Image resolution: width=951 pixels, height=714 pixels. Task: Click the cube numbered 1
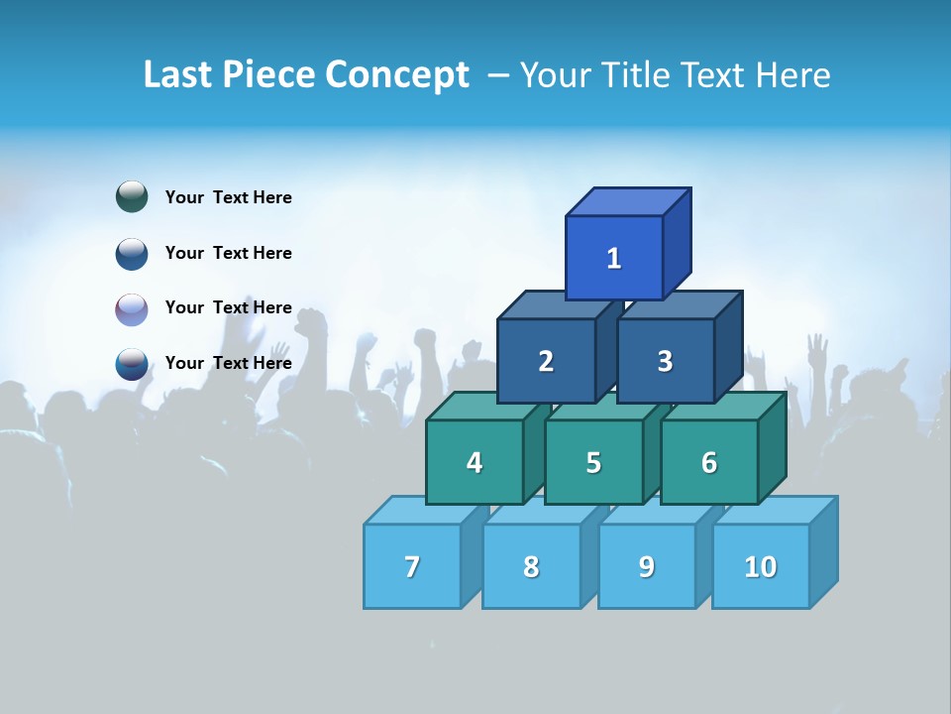[614, 258]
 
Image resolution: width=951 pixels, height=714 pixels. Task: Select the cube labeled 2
[546, 361]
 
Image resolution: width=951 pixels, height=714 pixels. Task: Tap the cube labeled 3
[665, 361]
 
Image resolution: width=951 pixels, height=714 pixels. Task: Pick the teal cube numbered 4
[475, 462]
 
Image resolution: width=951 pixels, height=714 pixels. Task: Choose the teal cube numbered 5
[593, 462]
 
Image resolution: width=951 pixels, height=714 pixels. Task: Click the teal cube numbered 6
[709, 462]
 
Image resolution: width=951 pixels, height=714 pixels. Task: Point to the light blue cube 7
[412, 566]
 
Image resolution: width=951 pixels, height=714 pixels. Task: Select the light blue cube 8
[531, 566]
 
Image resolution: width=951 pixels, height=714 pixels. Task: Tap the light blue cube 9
[647, 566]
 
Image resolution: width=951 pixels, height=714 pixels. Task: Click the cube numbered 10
[761, 566]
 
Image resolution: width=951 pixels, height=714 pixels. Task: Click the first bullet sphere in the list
[132, 197]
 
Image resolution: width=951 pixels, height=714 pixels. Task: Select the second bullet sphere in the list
[132, 253]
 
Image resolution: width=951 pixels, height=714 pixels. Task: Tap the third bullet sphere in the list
[132, 308]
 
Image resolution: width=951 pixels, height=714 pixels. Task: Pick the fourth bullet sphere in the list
[132, 363]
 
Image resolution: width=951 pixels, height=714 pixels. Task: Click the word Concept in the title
[397, 75]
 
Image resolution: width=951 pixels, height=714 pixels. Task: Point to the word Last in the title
[178, 75]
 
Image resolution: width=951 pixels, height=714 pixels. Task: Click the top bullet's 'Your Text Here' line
[229, 197]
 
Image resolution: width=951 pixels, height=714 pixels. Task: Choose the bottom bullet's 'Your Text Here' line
[229, 363]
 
